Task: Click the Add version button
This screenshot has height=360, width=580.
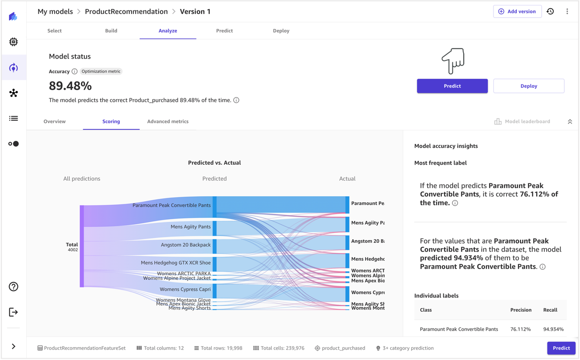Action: pos(517,11)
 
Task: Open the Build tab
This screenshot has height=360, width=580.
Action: pos(111,31)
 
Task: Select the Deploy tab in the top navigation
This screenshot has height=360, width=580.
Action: pos(281,31)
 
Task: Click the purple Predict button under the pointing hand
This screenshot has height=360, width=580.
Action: pos(452,86)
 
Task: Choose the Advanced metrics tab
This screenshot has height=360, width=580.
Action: pos(168,121)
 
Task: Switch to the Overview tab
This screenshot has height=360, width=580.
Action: pos(55,121)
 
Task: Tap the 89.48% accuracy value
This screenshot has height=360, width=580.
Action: pos(70,86)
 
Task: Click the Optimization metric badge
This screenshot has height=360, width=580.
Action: pos(101,71)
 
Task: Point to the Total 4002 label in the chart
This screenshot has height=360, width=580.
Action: pos(72,247)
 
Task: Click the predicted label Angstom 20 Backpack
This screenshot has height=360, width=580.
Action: pos(186,245)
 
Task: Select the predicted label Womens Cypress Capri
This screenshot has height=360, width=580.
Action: pos(185,290)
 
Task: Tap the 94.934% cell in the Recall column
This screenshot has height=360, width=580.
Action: pos(553,329)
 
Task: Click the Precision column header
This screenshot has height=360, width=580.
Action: pos(520,310)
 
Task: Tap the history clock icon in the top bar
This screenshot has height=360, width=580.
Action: pos(550,11)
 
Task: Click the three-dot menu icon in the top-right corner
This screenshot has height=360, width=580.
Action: pos(567,11)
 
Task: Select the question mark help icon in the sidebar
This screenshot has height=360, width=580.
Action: pos(14,286)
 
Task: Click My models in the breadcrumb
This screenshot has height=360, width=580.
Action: pos(55,11)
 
